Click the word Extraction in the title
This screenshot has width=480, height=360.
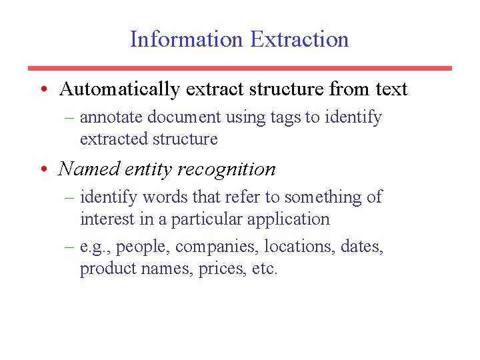tap(300, 39)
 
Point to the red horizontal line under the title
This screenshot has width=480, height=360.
tap(239, 68)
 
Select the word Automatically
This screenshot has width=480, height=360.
tap(119, 89)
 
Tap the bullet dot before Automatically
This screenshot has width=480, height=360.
tap(43, 89)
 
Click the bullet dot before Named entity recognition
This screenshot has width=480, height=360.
tap(43, 169)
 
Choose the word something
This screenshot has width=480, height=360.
tap(323, 197)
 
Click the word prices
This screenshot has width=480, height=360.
tap(220, 269)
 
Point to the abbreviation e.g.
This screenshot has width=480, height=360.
tap(93, 247)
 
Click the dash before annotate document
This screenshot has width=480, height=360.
tap(70, 118)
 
